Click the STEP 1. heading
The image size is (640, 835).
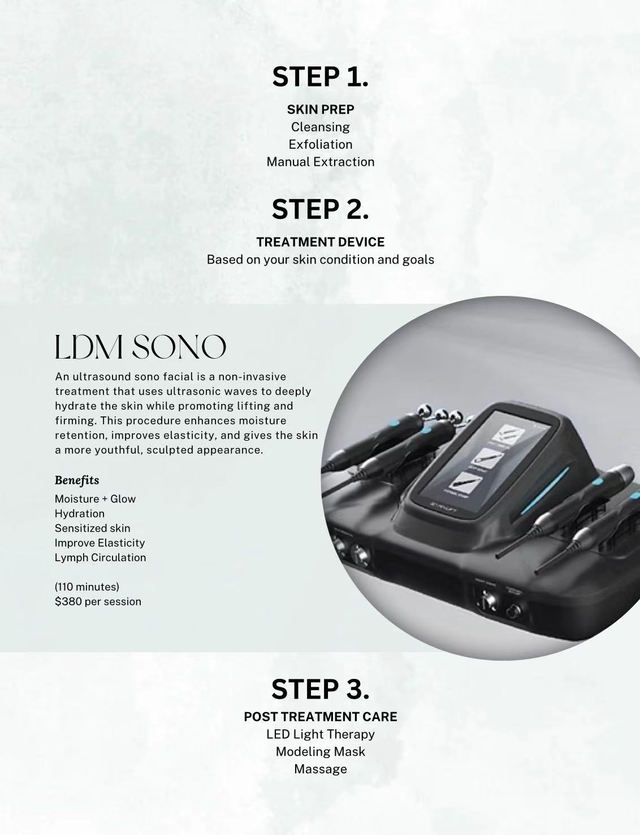click(320, 77)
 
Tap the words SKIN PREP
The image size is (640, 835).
click(320, 109)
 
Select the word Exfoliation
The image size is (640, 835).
click(320, 144)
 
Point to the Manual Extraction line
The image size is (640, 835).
click(320, 162)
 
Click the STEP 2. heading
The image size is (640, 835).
click(320, 209)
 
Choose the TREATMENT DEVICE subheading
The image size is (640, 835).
click(320, 242)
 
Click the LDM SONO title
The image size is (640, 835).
click(140, 347)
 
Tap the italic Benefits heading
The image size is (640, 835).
click(77, 480)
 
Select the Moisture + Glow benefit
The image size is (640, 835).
click(95, 499)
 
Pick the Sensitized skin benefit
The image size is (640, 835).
click(92, 528)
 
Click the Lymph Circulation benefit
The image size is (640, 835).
click(100, 558)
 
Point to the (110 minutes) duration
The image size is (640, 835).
click(87, 587)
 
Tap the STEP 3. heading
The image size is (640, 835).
click(320, 689)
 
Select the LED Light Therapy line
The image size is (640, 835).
click(320, 734)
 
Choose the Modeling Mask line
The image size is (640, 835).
click(320, 752)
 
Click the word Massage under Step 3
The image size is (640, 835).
click(320, 769)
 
